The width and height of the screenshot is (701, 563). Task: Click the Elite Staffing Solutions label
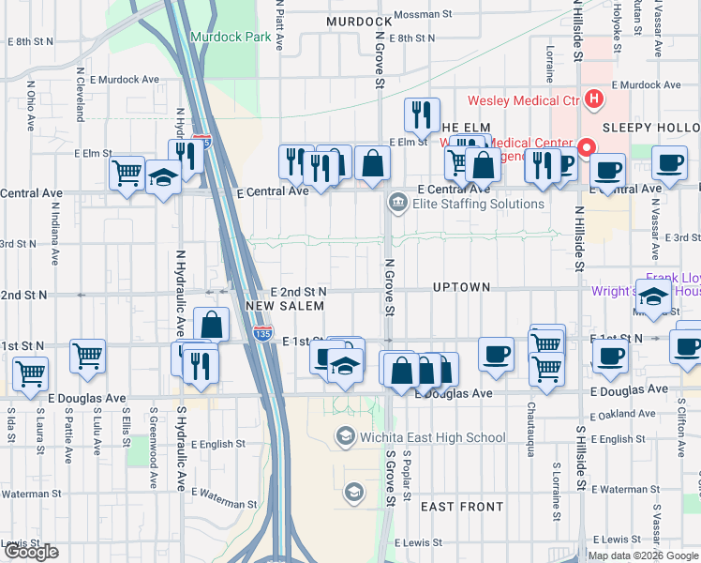tap(476, 204)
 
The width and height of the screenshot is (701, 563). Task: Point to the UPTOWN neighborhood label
tap(462, 286)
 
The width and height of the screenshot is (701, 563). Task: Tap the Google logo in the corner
tap(31, 552)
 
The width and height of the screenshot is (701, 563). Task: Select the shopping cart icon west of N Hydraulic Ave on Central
tap(127, 172)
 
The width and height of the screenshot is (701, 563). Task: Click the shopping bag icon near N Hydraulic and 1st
tap(212, 325)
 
